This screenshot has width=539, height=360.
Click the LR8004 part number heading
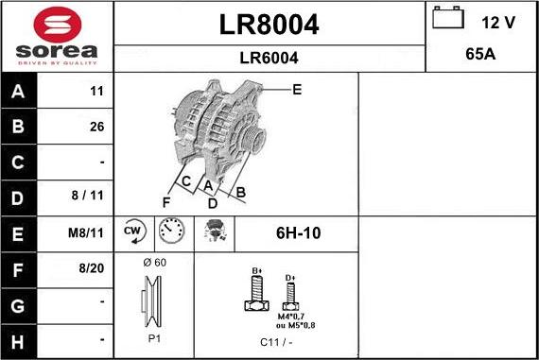click(x=269, y=25)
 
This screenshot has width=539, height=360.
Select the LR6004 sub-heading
click(x=269, y=58)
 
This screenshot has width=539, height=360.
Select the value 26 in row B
click(x=96, y=127)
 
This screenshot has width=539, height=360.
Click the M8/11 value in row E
click(x=90, y=232)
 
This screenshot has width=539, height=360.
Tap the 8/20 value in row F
click(x=93, y=268)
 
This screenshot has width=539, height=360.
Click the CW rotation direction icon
click(x=132, y=231)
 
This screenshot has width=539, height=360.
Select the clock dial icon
click(x=171, y=231)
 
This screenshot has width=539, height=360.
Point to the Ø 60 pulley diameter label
click(x=153, y=262)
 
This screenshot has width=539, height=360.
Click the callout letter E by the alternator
click(x=296, y=90)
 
